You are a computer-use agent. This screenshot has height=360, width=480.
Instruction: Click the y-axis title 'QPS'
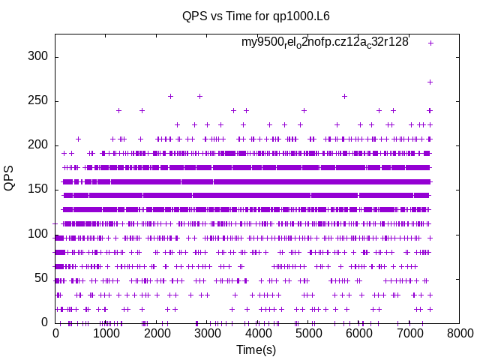[10, 178]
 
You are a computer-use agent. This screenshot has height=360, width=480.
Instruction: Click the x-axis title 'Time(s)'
[256, 349]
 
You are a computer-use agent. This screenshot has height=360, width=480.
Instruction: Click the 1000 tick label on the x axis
[106, 334]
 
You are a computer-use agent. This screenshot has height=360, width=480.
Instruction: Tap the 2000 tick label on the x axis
[157, 334]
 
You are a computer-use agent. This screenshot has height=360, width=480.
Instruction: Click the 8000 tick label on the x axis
[460, 334]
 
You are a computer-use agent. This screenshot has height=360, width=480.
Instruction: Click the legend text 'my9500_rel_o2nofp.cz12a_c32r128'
[325, 43]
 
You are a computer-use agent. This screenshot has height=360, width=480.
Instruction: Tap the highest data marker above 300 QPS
[430, 43]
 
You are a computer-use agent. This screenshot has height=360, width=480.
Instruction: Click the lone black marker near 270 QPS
[430, 82]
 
